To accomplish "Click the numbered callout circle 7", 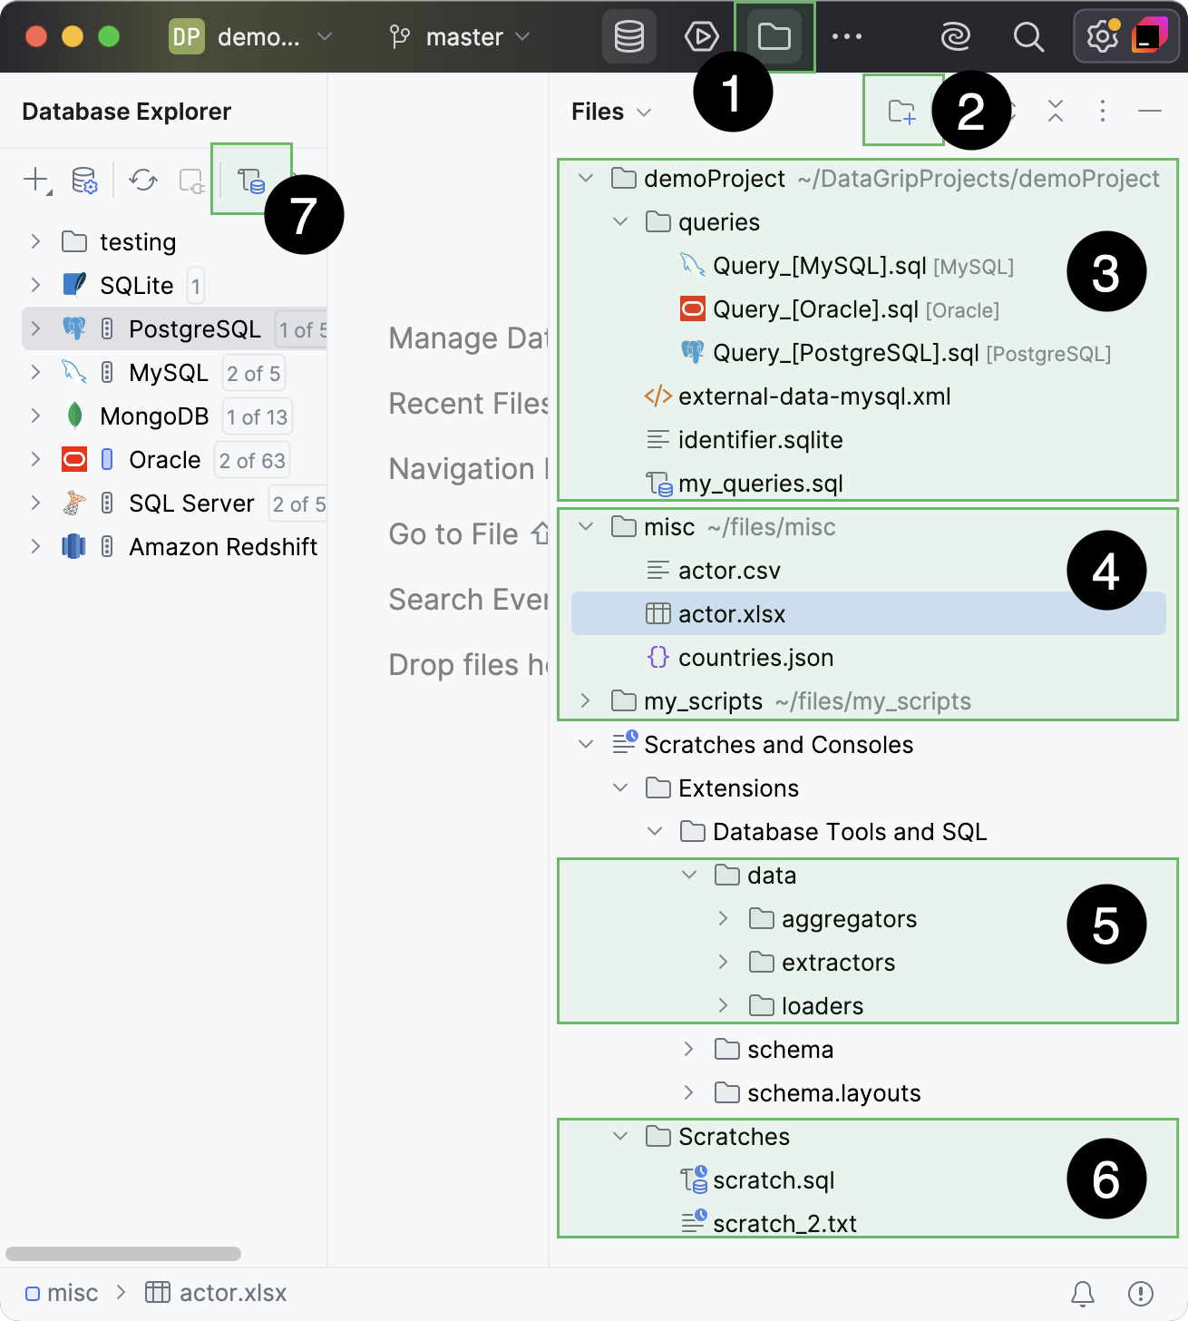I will pos(304,215).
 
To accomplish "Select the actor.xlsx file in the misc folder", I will pos(731,614).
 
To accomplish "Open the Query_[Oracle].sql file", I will pos(814,309).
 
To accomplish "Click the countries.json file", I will pos(755,658).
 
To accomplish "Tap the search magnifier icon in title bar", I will pos(1028,37).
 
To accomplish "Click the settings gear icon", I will pos(1102,37).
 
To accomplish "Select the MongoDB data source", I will pos(154,416).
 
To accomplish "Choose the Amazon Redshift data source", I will pos(222,547).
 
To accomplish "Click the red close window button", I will pos(36,36).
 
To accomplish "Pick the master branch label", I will pos(463,37).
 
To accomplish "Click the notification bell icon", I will pos(1083,1293).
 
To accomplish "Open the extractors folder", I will pos(837,963).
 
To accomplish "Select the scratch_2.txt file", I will pos(784,1224).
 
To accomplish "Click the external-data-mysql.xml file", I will pos(813,396).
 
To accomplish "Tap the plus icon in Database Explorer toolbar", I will pos(35,180).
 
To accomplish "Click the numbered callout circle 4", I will pos(1106,571).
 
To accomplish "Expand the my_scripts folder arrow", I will pos(586,701).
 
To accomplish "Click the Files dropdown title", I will pos(610,112).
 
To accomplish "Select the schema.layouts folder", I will pos(833,1093).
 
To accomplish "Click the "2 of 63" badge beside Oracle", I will pos(252,460).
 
